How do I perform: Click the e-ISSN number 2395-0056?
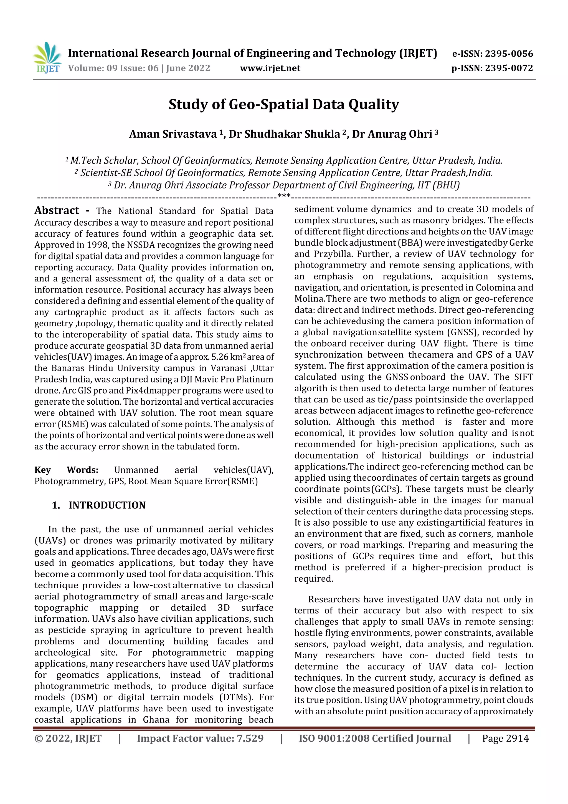[x=508, y=54]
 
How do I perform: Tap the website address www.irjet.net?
[x=270, y=68]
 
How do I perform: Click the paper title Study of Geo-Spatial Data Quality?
[x=283, y=104]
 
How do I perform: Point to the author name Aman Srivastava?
[x=173, y=134]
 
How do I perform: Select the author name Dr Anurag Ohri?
[x=392, y=134]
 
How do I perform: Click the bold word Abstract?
[x=57, y=210]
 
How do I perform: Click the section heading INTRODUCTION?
[x=107, y=505]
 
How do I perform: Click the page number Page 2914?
[x=505, y=739]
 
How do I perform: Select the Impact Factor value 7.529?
[x=250, y=739]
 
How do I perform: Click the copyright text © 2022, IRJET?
[x=68, y=739]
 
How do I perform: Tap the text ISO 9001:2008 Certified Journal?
[x=374, y=739]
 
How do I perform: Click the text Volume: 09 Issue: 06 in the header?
[x=113, y=68]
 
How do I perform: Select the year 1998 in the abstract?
[x=97, y=245]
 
